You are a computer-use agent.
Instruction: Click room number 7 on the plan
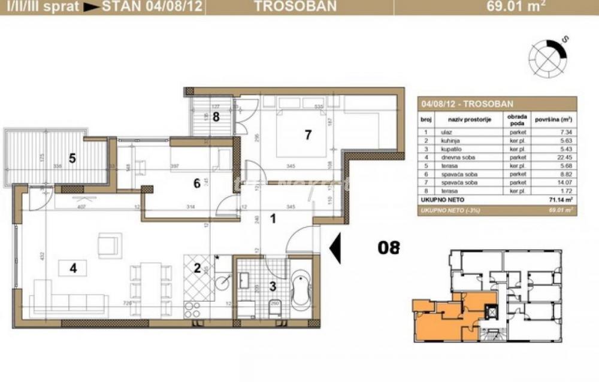(307, 135)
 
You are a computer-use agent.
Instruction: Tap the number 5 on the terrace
(72, 159)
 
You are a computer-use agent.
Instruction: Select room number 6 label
(196, 184)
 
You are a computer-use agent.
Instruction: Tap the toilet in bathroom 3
(276, 304)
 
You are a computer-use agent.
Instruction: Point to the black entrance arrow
(335, 247)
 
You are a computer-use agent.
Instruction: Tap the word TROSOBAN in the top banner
(286, 7)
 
